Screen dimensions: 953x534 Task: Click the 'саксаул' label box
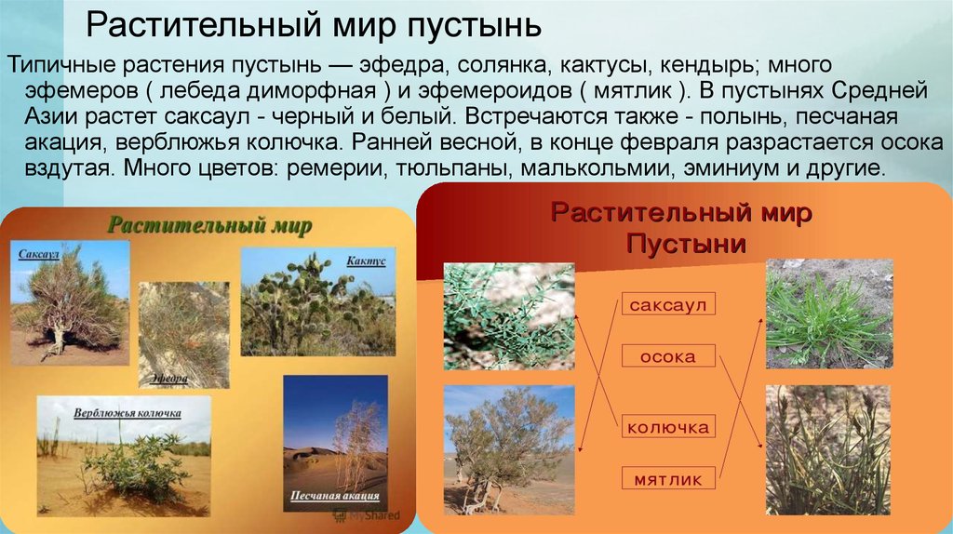[x=668, y=304]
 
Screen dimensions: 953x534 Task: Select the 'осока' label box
[x=668, y=356]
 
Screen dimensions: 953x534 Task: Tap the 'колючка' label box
[x=668, y=426]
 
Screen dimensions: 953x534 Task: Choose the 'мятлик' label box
[x=668, y=479]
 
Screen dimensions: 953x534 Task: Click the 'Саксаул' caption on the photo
[x=38, y=254]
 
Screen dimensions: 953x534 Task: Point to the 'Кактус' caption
[x=366, y=261]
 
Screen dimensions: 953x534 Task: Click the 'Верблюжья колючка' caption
[x=127, y=413]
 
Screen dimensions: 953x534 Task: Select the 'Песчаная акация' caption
[x=335, y=495]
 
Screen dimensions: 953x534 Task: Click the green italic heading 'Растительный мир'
[x=209, y=225]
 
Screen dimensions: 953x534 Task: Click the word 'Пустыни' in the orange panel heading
[x=686, y=245]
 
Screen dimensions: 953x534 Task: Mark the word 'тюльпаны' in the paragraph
[x=450, y=167]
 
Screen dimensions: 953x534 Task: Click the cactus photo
[x=318, y=301]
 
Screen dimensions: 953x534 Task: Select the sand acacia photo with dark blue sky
[x=335, y=443]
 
